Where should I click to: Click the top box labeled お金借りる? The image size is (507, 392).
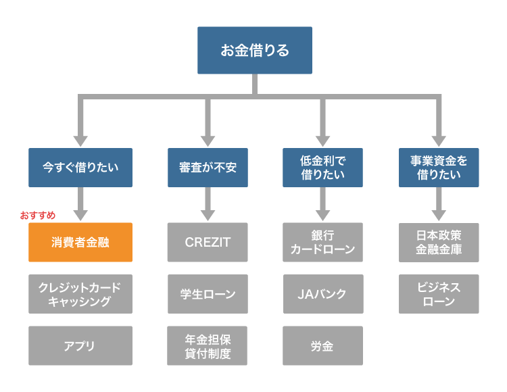pyautogui.click(x=255, y=50)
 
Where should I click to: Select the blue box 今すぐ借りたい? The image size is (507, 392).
pyautogui.click(x=80, y=167)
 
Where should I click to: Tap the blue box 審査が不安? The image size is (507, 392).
pyautogui.click(x=208, y=167)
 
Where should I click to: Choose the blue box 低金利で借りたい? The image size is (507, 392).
pyautogui.click(x=322, y=167)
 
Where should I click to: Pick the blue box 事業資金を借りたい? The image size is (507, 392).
pyautogui.click(x=439, y=167)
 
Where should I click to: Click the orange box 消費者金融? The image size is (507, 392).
pyautogui.click(x=80, y=242)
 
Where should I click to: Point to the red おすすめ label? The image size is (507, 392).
pyautogui.click(x=38, y=215)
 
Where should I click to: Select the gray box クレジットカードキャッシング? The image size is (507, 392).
pyautogui.click(x=80, y=294)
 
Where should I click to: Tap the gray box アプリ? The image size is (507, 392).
pyautogui.click(x=80, y=346)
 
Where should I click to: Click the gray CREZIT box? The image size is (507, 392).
pyautogui.click(x=208, y=242)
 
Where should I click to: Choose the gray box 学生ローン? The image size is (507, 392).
pyautogui.click(x=208, y=294)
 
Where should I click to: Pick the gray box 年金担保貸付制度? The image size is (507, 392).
pyautogui.click(x=208, y=346)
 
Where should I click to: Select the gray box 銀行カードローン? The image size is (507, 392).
pyautogui.click(x=322, y=242)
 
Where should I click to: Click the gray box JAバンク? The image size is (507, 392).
pyautogui.click(x=322, y=294)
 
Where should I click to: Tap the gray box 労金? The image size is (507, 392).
pyautogui.click(x=322, y=346)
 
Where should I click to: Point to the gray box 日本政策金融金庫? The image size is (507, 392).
pyautogui.click(x=439, y=242)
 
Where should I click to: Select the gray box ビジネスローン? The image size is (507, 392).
pyautogui.click(x=439, y=294)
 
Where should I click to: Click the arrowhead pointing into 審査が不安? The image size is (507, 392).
pyautogui.click(x=208, y=140)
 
